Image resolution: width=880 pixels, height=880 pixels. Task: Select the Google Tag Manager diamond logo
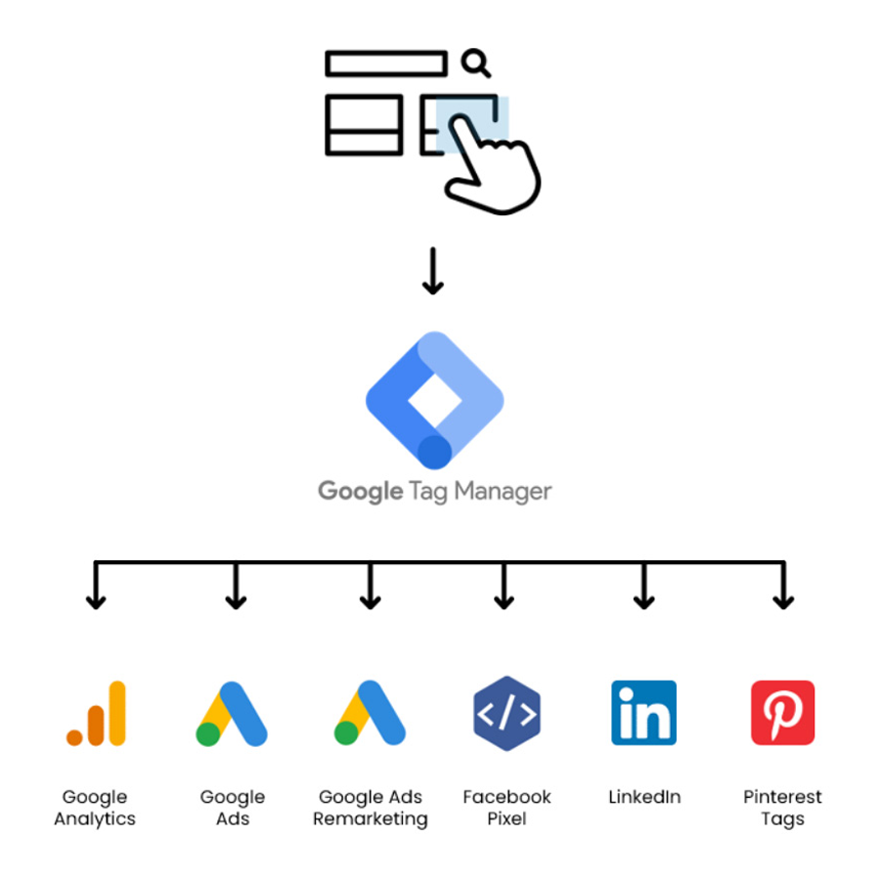[434, 401]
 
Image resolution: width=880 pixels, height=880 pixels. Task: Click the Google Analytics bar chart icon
[96, 714]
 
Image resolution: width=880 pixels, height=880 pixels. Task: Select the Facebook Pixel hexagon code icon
[506, 714]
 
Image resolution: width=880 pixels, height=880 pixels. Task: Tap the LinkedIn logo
[643, 713]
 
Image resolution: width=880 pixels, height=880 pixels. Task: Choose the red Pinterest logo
[782, 713]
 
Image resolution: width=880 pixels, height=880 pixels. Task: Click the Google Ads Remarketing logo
[370, 714]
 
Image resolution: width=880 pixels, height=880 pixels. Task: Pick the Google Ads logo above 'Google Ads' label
[232, 714]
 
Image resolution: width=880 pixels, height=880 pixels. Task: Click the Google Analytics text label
[95, 808]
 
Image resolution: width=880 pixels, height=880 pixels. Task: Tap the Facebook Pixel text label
[506, 808]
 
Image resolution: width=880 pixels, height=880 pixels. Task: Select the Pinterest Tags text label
[782, 808]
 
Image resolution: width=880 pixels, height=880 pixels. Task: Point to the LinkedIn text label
[643, 797]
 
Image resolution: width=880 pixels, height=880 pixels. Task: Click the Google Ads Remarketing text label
[370, 808]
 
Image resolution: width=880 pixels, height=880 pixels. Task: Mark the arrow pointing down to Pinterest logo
[782, 587]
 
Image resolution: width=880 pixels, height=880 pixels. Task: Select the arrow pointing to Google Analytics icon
[95, 587]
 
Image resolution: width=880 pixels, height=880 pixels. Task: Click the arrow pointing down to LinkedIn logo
[643, 587]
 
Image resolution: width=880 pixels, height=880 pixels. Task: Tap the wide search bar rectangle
[386, 65]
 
